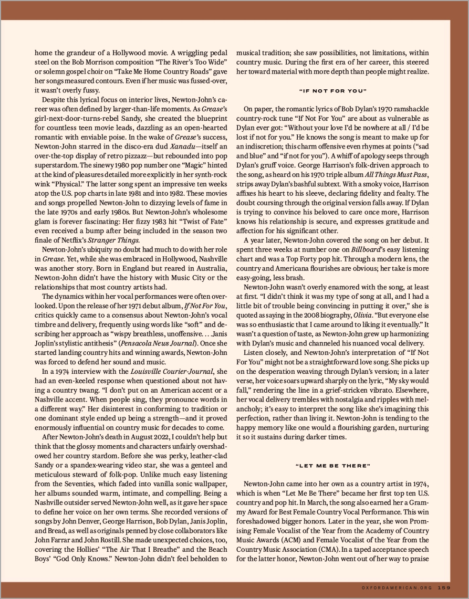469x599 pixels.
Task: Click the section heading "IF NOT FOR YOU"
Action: pos(332,91)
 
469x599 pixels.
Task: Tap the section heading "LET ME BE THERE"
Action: pos(332,466)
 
